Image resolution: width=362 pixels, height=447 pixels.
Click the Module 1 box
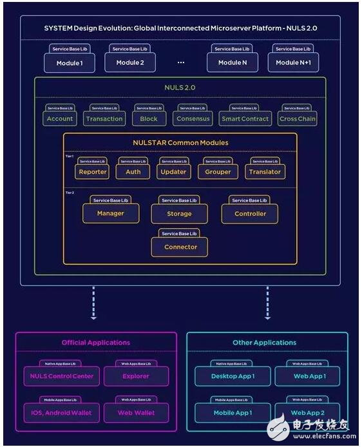click(x=70, y=62)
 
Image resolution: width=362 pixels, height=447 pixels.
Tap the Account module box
click(x=60, y=119)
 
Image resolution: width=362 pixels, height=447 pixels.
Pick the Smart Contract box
click(x=245, y=119)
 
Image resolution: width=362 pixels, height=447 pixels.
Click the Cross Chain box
click(x=297, y=119)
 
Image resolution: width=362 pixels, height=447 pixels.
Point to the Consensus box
click(x=192, y=119)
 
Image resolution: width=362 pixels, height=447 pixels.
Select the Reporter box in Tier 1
click(x=92, y=172)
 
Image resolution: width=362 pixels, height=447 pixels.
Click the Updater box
click(x=173, y=172)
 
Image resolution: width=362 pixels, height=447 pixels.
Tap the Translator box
click(x=265, y=172)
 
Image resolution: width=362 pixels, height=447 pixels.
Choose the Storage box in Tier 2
click(x=179, y=213)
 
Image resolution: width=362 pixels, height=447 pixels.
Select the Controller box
click(x=250, y=213)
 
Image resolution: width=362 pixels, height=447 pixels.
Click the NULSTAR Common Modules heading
click(x=180, y=142)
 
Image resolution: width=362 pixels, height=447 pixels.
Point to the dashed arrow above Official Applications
click(x=93, y=303)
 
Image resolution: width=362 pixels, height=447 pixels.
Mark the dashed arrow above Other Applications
click(x=267, y=303)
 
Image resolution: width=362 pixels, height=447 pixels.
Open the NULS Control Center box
click(x=62, y=376)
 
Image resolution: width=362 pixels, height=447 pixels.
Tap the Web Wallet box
click(x=135, y=412)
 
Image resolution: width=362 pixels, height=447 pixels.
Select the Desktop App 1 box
click(x=233, y=376)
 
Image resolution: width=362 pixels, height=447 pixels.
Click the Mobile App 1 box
click(x=233, y=412)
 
